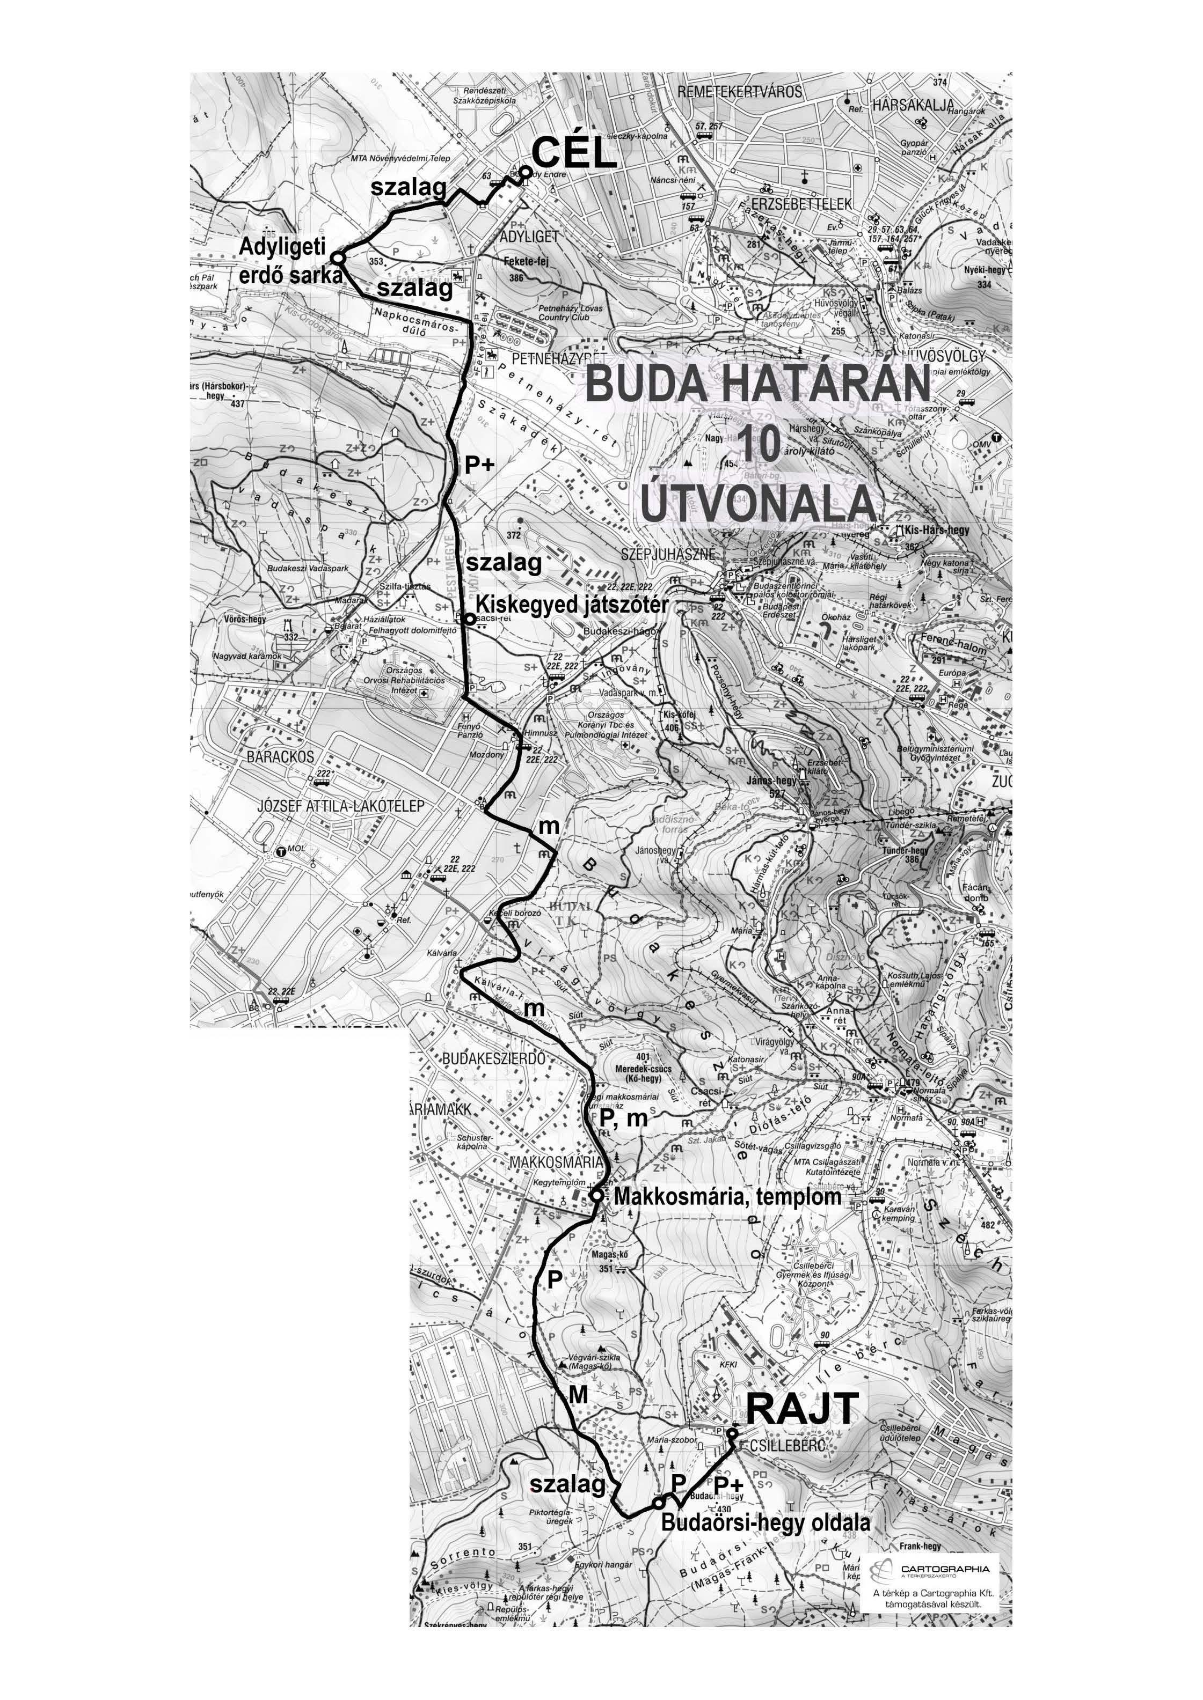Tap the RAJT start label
point(801,1408)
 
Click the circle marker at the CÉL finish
point(525,172)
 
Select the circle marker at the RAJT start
point(732,1433)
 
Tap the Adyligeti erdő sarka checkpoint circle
point(337,257)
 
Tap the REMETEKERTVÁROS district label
point(740,92)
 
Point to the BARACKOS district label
point(280,757)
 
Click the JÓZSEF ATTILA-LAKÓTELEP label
point(341,806)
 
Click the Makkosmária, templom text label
point(727,1196)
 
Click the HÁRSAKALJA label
point(913,105)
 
